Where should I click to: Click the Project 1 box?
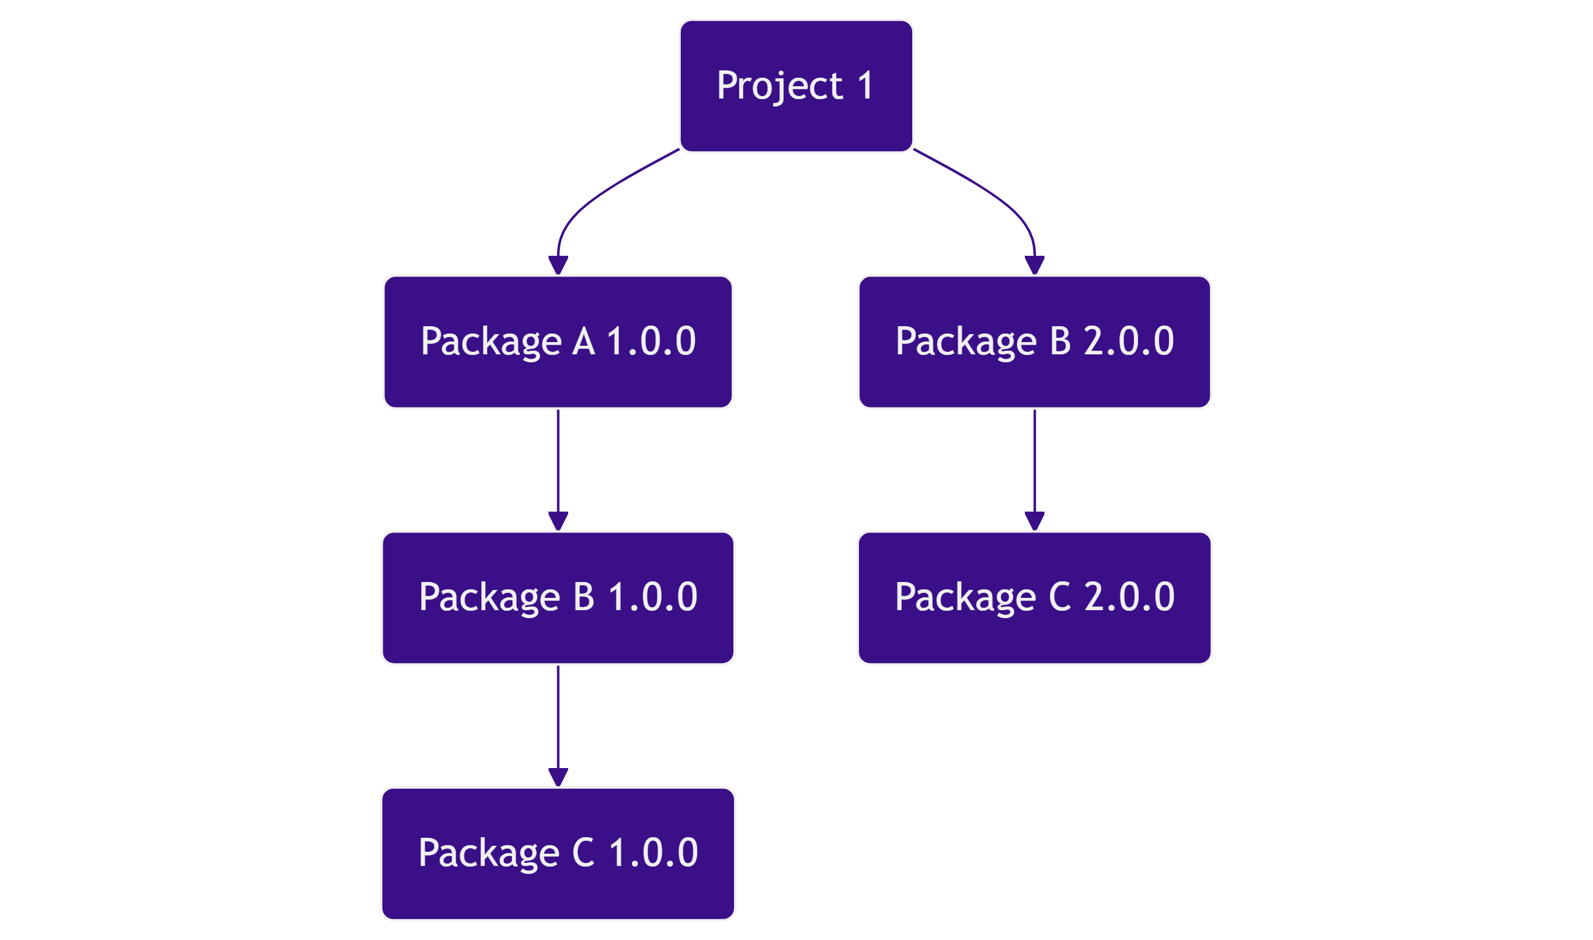(x=796, y=86)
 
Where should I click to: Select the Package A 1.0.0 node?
(x=558, y=342)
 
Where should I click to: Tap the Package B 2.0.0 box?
(x=1034, y=342)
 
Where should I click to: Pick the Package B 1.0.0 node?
(x=558, y=597)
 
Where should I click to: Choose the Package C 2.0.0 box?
(x=1034, y=597)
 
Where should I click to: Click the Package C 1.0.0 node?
(x=558, y=853)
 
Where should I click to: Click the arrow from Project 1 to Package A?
(x=596, y=196)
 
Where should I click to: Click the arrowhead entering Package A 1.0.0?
(x=558, y=265)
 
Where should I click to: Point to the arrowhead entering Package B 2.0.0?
(x=1034, y=265)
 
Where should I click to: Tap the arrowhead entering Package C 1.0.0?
(x=558, y=777)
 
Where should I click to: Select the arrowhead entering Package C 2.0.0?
(x=1034, y=521)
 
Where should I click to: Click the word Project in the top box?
(x=779, y=86)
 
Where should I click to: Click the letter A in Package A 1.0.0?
(x=583, y=342)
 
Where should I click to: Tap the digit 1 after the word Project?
(x=866, y=86)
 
